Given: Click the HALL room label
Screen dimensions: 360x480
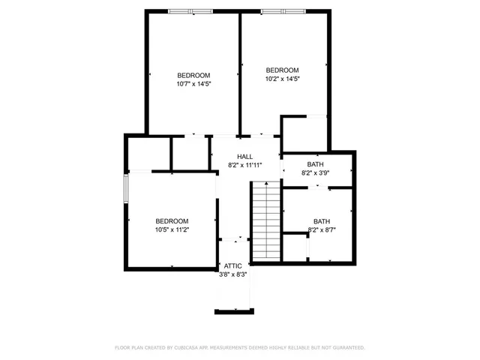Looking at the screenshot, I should coord(235,157).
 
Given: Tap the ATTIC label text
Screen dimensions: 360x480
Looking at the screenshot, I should coord(232,266).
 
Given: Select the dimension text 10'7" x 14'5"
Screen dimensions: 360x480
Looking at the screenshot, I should coord(193,84).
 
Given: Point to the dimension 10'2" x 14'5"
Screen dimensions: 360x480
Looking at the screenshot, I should coord(282,78).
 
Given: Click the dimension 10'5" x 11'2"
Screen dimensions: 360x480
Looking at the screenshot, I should coord(172,229).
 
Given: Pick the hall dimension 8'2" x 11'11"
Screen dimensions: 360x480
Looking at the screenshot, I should coord(235,165).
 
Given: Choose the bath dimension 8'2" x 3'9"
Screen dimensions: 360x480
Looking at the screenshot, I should coord(315,172).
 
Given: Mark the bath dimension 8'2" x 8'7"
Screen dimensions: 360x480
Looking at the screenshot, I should coord(321,229).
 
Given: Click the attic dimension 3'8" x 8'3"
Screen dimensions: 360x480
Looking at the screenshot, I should coord(232,274).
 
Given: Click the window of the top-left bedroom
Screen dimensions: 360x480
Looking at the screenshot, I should coord(190,10).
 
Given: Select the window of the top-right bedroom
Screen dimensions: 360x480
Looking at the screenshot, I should coord(283,10).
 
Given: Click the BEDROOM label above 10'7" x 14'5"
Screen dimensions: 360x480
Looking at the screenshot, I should coord(193,75).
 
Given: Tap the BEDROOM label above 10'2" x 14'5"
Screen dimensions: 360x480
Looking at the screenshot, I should coord(282,70).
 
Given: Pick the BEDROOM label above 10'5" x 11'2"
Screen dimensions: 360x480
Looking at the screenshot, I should coord(172,220).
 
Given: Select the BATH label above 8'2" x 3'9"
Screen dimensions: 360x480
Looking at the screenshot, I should coord(315,164).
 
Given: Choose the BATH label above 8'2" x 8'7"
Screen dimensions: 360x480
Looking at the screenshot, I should coord(321,221).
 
